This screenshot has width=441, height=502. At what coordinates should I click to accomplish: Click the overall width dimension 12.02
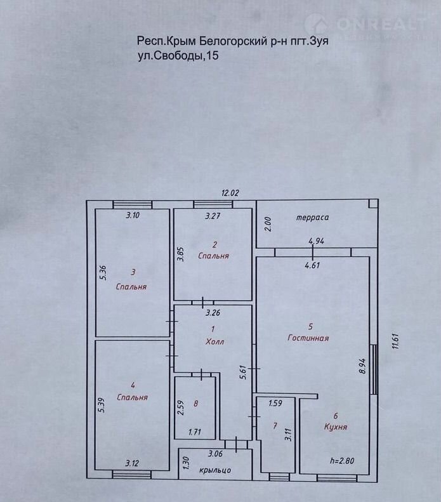(x=230, y=193)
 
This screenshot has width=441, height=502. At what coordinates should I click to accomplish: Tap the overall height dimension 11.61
(x=395, y=341)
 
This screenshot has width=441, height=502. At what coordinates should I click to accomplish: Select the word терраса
(x=312, y=218)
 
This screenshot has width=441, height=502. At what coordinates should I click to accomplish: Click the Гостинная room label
(x=308, y=338)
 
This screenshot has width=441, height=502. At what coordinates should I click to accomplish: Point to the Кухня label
(x=336, y=426)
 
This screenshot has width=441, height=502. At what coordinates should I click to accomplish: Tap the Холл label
(x=214, y=341)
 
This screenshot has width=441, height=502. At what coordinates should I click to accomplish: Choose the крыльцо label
(x=215, y=470)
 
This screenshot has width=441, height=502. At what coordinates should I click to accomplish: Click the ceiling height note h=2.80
(x=342, y=461)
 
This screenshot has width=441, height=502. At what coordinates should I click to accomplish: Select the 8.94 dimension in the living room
(x=362, y=366)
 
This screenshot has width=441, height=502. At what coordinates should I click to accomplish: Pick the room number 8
(x=195, y=404)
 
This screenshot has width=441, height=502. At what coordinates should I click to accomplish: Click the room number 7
(x=275, y=426)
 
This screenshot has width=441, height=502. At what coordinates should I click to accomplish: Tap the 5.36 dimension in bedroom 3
(x=103, y=273)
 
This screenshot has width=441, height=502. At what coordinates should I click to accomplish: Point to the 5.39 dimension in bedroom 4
(x=102, y=404)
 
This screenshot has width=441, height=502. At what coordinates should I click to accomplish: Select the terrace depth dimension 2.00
(x=268, y=224)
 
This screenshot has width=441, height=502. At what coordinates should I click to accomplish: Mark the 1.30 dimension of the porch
(x=187, y=463)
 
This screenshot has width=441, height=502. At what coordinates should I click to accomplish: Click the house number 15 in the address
(x=213, y=56)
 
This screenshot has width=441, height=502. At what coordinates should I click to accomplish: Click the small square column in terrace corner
(x=373, y=204)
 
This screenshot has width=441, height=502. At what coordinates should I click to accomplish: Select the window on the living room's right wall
(x=374, y=369)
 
